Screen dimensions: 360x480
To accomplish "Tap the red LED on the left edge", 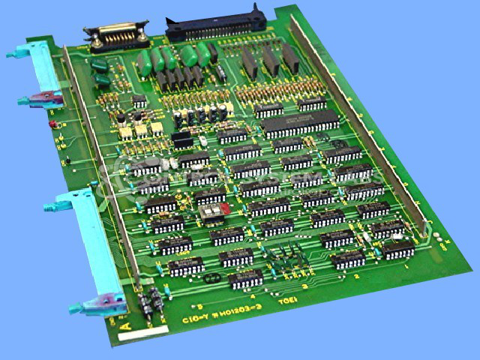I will [x=52, y=123].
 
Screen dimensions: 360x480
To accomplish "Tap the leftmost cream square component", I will [x=122, y=132].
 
